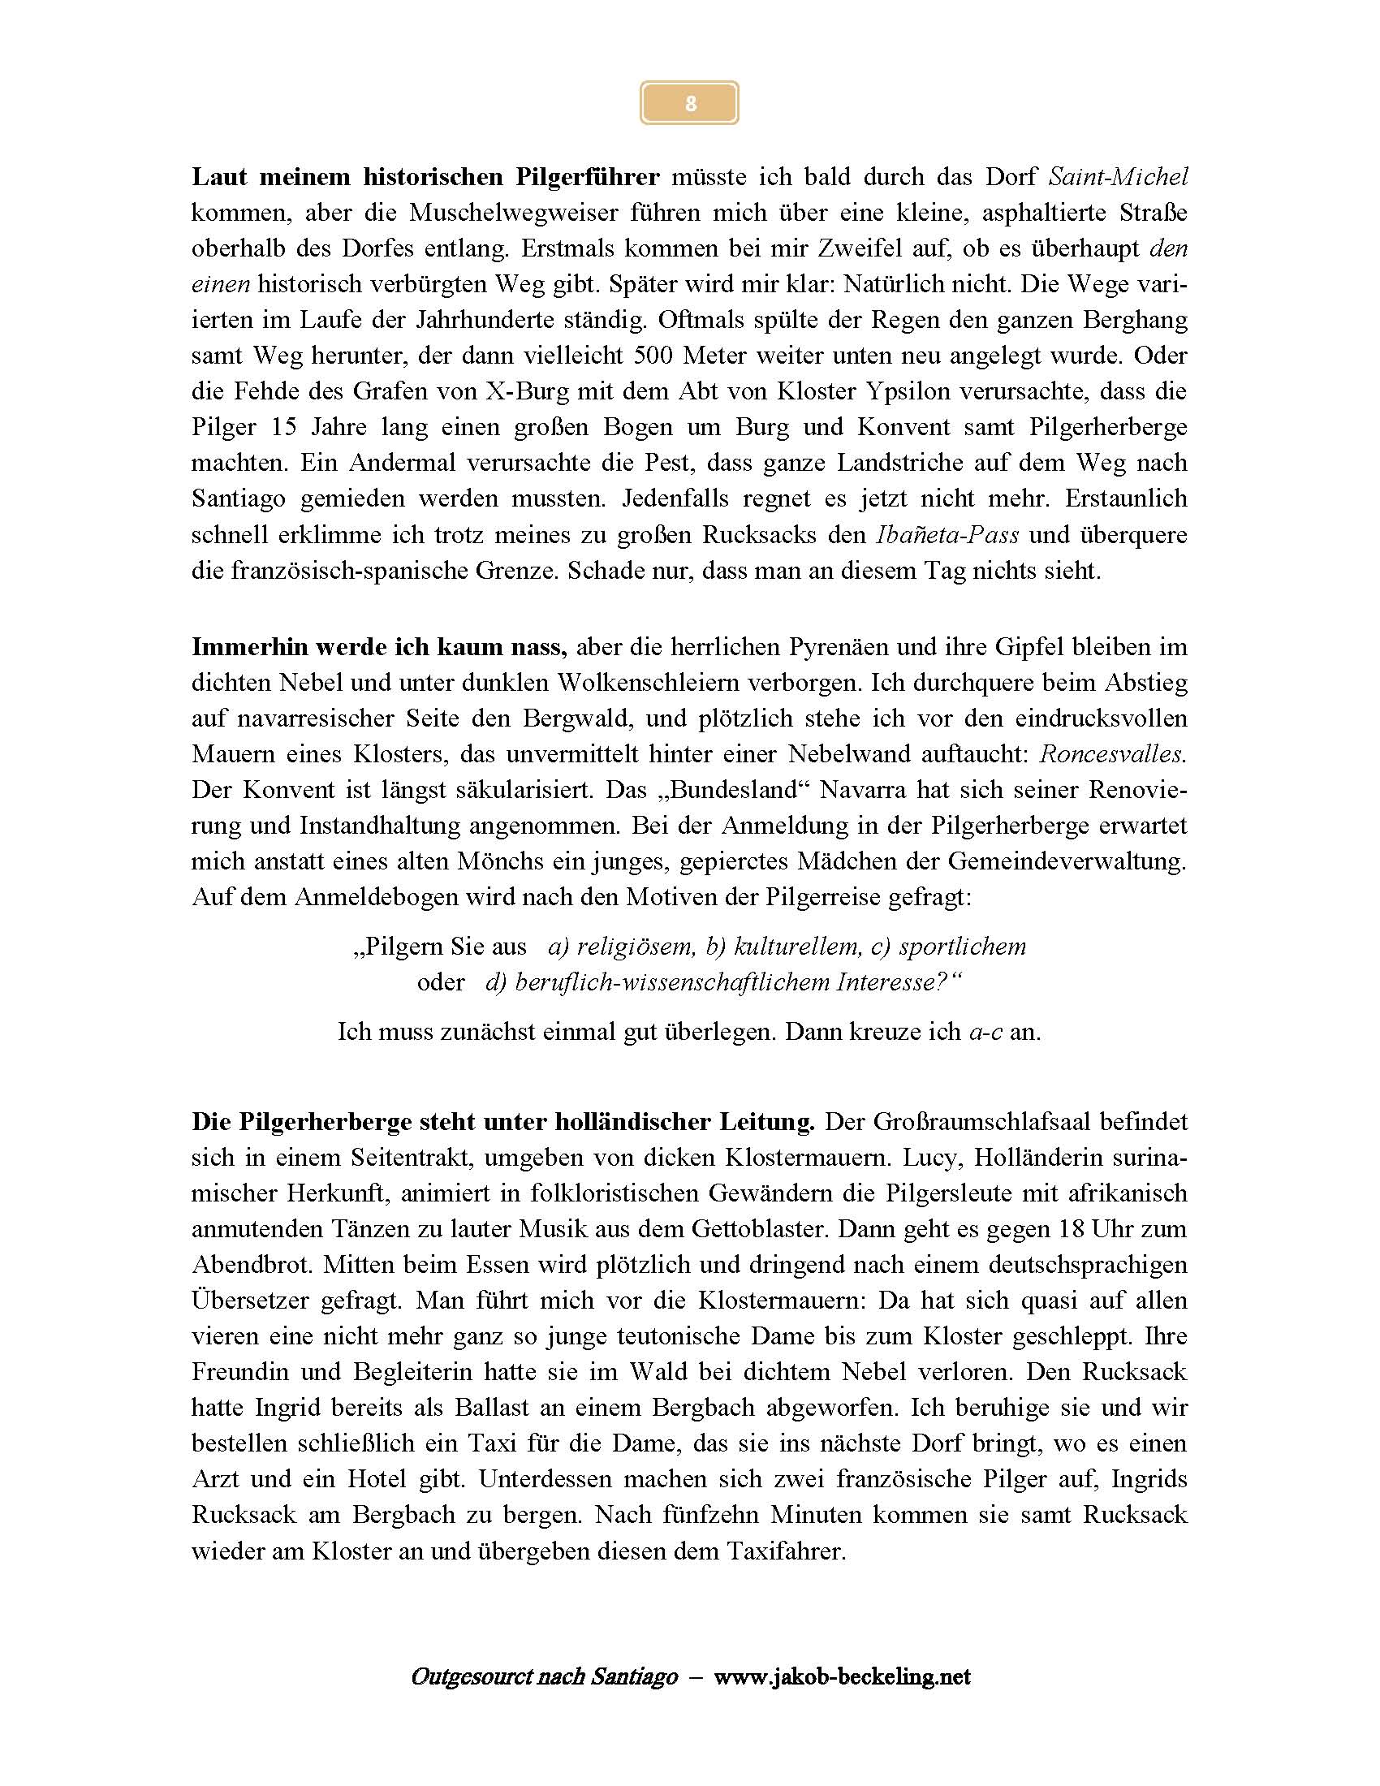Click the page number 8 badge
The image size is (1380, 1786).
(689, 104)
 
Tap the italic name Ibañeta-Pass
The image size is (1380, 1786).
(947, 535)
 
